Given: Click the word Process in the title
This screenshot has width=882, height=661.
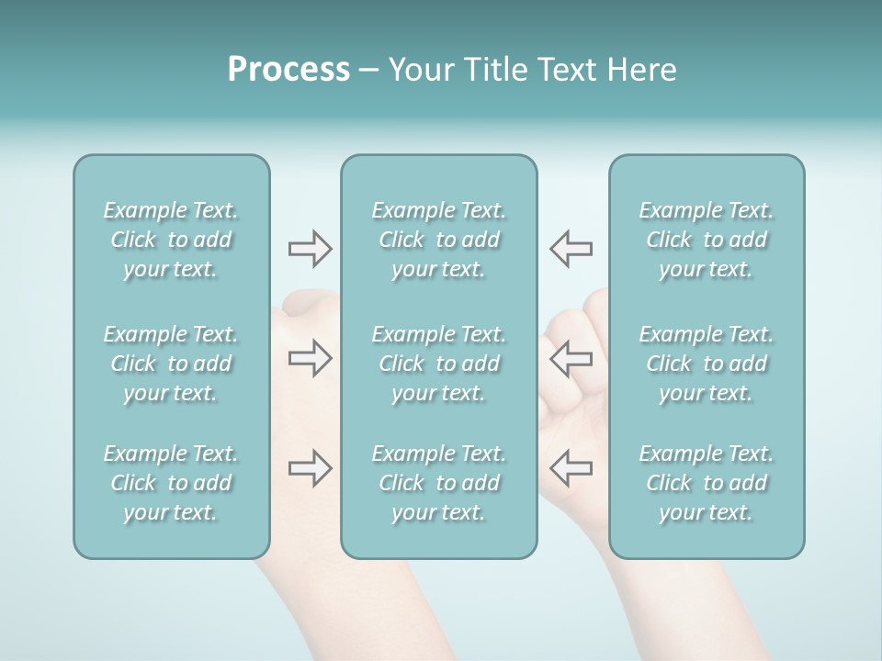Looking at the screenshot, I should [288, 70].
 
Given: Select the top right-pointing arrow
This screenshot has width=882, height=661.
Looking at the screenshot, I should [310, 249].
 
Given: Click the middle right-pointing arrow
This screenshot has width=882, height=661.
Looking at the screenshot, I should [310, 358].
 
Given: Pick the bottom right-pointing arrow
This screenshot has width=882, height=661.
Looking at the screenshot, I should [310, 468].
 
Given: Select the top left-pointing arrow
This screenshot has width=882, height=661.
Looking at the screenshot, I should [571, 249].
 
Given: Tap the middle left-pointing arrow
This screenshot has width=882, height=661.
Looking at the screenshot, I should [571, 358].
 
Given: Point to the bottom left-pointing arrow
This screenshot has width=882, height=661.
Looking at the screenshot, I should [571, 468].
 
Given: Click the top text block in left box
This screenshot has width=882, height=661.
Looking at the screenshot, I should [171, 240].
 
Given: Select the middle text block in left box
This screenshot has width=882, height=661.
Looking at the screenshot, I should [171, 364].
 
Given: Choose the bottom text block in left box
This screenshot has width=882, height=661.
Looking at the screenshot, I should [171, 483].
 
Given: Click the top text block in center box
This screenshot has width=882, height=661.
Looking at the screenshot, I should [439, 240].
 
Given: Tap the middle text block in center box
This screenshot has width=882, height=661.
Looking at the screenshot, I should [439, 364].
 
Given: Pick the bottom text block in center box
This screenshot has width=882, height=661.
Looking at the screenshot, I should [439, 483].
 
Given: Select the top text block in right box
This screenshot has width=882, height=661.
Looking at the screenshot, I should [707, 240].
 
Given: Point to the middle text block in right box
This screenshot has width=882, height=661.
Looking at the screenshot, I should [707, 364].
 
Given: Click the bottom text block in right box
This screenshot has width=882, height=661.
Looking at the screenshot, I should [707, 483].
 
